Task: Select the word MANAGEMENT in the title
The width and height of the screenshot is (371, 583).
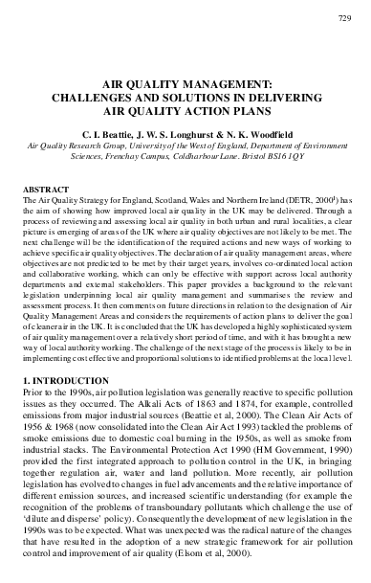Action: [x=213, y=84]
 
